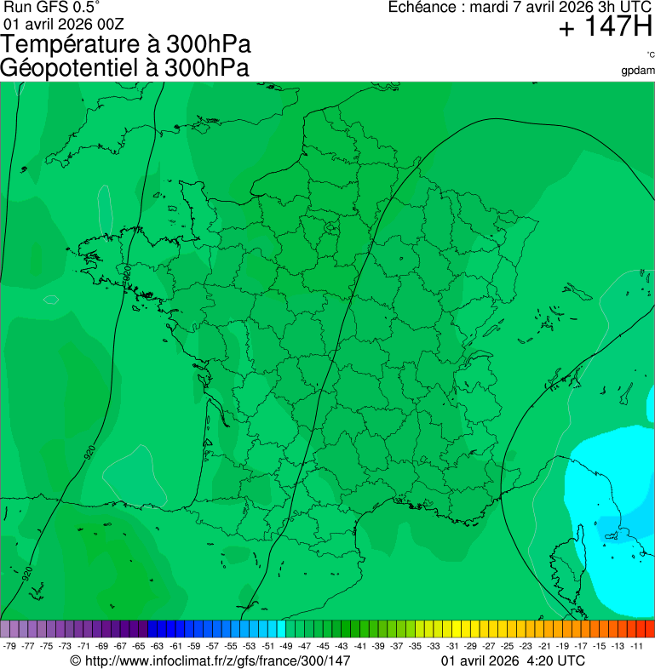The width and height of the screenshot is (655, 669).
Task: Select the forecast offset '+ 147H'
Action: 606,28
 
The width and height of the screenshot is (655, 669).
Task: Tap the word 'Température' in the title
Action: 71,45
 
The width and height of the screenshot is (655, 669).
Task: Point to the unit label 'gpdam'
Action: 638,70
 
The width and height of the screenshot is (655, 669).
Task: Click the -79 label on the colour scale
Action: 10,646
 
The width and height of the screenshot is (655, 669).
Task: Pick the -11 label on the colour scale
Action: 636,646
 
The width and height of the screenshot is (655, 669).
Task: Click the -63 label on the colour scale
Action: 157,646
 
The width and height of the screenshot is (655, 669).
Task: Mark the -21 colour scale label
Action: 544,646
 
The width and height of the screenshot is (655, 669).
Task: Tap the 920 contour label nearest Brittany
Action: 127,274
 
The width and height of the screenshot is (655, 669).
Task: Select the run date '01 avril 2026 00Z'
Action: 64,23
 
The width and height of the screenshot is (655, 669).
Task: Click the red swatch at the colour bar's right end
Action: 649,629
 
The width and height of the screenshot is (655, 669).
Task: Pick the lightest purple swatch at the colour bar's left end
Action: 5,629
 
